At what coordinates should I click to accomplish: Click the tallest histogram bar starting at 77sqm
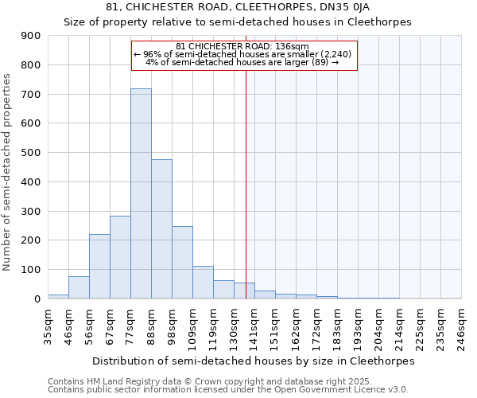click(x=141, y=193)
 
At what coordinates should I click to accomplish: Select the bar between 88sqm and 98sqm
click(x=161, y=229)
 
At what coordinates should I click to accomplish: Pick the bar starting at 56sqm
click(x=99, y=267)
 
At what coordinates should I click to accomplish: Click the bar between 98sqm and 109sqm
click(x=182, y=263)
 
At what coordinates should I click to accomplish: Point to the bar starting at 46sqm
click(x=79, y=287)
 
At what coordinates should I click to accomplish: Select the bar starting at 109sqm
click(x=203, y=283)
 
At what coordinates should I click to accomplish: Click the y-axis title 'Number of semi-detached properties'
click(x=8, y=172)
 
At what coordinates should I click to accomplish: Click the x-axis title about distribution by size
click(x=254, y=361)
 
